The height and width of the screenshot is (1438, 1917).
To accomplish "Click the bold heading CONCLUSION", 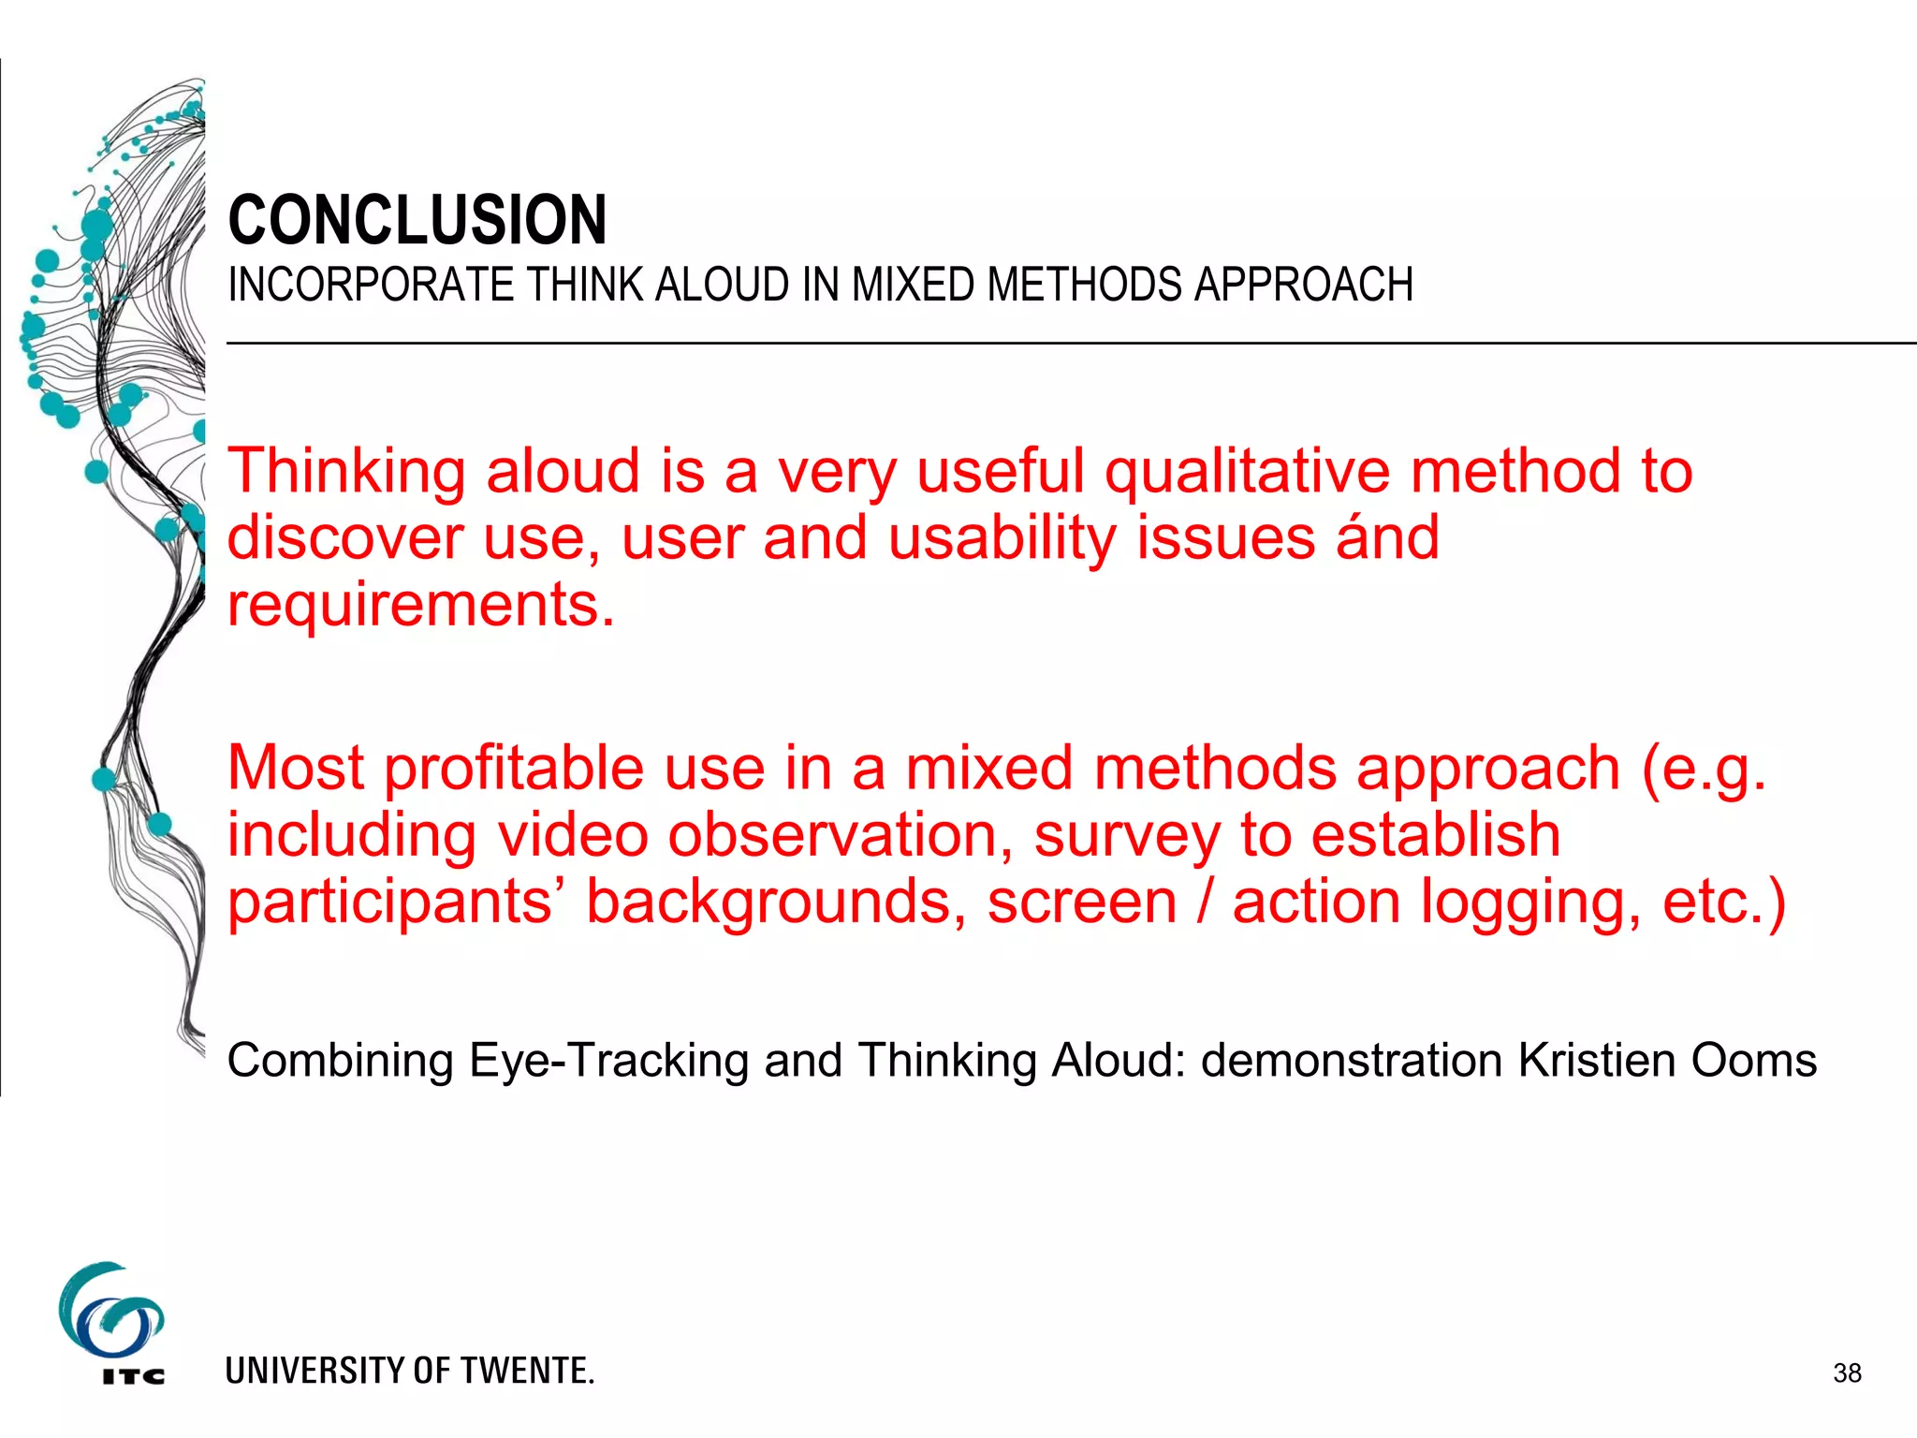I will [417, 221].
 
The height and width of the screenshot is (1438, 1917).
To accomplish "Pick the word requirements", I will [421, 606].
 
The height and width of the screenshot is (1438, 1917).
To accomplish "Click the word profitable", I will [514, 769].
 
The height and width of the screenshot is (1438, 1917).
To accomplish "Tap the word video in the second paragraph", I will [573, 835].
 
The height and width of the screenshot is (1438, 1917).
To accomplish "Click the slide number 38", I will [1847, 1373].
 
